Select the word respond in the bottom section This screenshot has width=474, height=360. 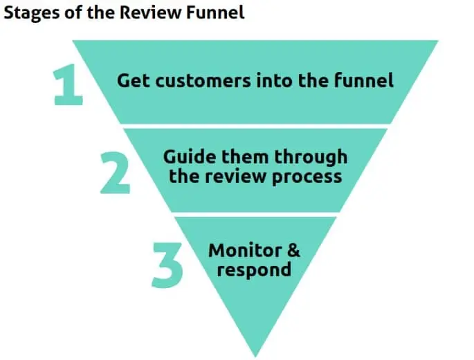pos(254,269)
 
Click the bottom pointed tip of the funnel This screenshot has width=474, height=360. pos(255,354)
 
